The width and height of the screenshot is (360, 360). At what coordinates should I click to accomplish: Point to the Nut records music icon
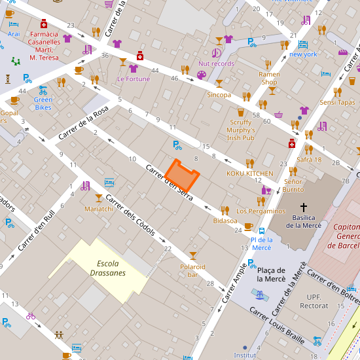tap(216, 52)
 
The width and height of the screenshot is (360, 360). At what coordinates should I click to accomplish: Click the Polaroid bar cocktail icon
tap(192, 255)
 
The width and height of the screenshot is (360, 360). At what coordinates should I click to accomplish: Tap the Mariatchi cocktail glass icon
tap(99, 198)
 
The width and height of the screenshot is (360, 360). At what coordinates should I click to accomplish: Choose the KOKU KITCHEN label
tap(250, 173)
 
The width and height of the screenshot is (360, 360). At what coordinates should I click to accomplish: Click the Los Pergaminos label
tap(261, 211)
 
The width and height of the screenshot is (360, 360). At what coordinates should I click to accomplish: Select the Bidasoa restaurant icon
tap(225, 210)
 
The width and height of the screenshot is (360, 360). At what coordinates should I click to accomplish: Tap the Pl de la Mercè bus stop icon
tap(262, 230)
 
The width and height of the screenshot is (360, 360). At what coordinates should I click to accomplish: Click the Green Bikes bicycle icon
tap(43, 89)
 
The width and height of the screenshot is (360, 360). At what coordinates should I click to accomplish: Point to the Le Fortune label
tap(134, 79)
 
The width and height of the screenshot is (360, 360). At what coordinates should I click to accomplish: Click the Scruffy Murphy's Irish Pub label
tap(242, 130)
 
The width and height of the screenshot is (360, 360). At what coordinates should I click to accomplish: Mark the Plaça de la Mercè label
tap(270, 275)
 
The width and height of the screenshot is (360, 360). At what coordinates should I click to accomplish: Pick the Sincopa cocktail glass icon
tap(219, 83)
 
